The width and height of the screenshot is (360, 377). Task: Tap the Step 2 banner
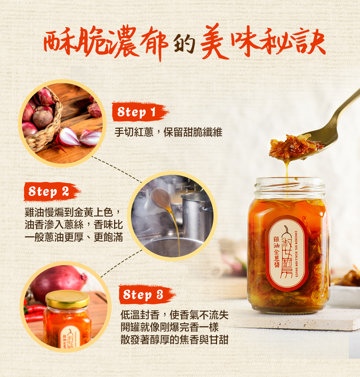point(52,192)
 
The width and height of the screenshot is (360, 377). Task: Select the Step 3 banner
point(147,295)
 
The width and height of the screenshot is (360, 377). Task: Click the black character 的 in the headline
point(184,43)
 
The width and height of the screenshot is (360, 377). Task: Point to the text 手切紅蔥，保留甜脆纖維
point(168,132)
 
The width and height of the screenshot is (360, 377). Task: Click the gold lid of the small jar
point(67,299)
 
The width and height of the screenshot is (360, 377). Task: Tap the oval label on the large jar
point(286,253)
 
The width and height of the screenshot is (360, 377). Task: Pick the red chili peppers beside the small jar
point(34,313)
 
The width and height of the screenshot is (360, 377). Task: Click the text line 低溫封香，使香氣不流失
point(175,315)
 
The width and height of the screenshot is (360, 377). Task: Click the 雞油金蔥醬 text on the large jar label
point(276,252)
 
